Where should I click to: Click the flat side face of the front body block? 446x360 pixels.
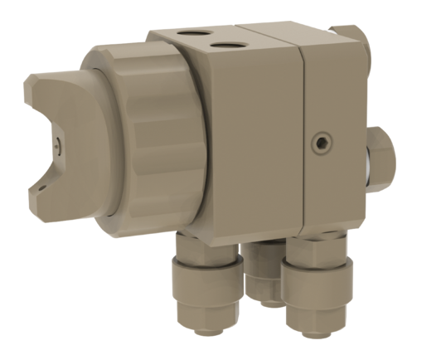click(x=249, y=141)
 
